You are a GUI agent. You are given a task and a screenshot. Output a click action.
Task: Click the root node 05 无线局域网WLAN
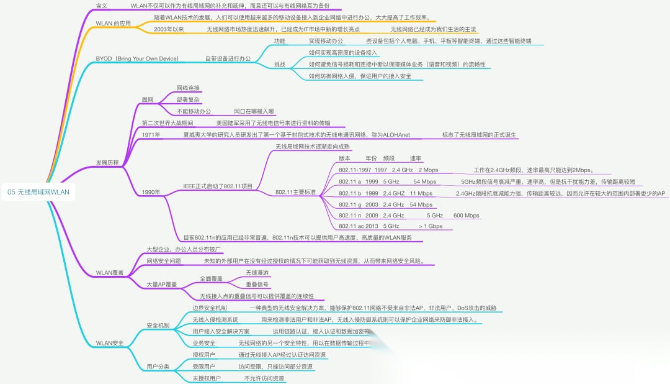click(38, 193)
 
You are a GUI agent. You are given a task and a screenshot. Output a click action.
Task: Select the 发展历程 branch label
click(107, 163)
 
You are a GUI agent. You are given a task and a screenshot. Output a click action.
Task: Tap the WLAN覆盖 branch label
click(109, 273)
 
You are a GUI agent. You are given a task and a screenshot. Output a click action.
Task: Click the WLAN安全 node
click(109, 343)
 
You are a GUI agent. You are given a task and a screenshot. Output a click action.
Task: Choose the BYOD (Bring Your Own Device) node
click(137, 58)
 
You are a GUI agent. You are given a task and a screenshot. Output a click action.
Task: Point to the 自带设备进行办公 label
click(228, 58)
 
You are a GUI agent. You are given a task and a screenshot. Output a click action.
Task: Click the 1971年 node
click(151, 135)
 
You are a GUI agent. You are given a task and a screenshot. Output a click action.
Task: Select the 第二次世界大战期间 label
click(167, 123)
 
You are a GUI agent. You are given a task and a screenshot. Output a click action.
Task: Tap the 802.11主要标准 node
click(295, 193)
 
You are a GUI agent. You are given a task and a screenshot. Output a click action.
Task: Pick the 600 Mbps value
click(466, 216)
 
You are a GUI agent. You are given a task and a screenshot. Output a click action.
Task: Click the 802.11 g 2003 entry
click(359, 204)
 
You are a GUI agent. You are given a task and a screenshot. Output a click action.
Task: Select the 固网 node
click(147, 99)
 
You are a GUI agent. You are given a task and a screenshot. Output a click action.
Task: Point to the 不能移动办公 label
click(194, 111)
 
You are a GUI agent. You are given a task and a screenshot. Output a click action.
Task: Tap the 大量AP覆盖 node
click(161, 285)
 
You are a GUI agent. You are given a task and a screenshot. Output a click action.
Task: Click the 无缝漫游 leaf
click(257, 273)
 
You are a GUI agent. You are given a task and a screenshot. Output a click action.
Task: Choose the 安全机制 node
click(158, 326)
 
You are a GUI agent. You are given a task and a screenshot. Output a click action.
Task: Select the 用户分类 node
click(158, 367)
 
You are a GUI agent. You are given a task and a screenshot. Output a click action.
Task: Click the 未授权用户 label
click(207, 378)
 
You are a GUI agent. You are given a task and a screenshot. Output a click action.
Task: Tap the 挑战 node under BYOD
click(280, 65)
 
